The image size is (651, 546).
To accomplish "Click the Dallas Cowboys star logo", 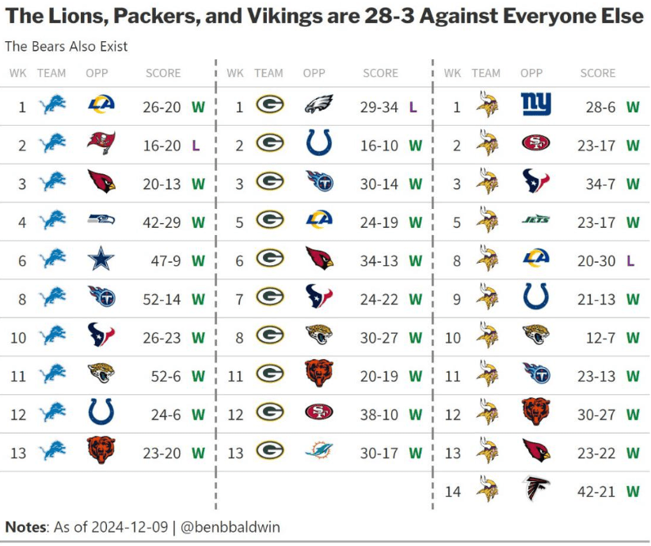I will [x=101, y=259].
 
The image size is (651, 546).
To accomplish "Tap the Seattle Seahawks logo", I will [x=101, y=221].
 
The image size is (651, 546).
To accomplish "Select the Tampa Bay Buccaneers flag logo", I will [x=101, y=144].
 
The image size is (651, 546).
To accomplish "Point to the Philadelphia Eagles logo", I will [x=318, y=105].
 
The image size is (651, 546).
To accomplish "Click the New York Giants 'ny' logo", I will [x=536, y=105].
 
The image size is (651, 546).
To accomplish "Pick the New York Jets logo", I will [x=536, y=221].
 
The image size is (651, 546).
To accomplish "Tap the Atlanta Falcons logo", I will [x=536, y=490].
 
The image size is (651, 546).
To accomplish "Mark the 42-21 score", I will [x=597, y=491].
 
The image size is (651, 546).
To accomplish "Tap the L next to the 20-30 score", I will [x=632, y=260].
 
